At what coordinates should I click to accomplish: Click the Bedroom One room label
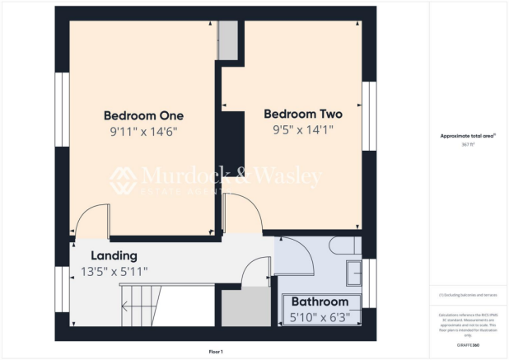[143, 115]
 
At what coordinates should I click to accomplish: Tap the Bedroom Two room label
[302, 115]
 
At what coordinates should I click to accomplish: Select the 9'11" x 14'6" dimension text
[143, 131]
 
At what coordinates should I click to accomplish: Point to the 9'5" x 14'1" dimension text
[302, 129]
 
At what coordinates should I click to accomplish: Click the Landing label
[114, 255]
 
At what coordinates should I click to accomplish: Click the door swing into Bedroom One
[91, 219]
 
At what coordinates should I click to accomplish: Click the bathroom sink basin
[353, 271]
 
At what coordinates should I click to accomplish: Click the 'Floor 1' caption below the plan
[216, 352]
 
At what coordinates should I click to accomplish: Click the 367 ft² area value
[467, 144]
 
